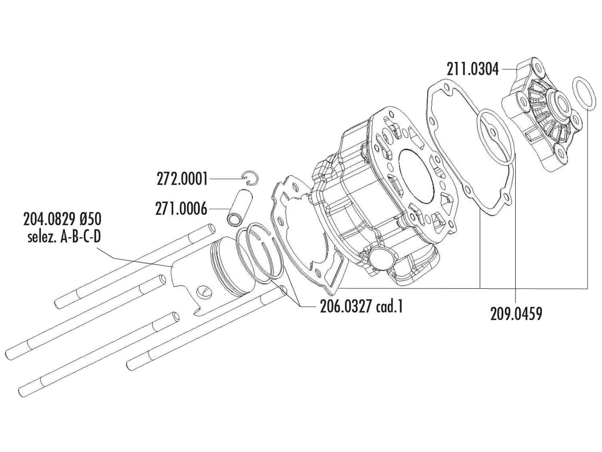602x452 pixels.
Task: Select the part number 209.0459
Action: pos(516,313)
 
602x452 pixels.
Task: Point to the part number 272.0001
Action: pos(182,178)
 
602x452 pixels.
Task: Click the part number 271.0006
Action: pos(181,209)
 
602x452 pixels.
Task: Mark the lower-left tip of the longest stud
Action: pos(21,392)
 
